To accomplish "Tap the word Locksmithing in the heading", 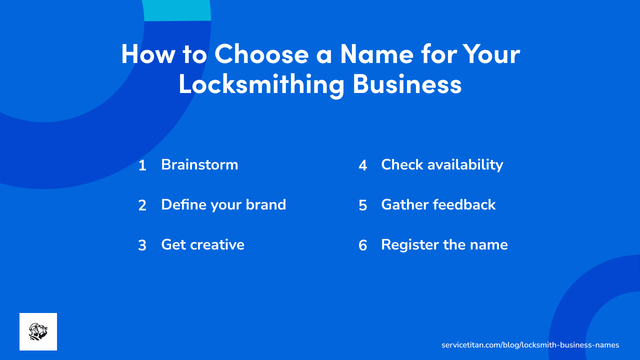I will point(261,84).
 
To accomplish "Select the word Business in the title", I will point(407,84).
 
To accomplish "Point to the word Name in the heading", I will point(377,54).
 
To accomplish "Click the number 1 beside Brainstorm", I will point(142,165).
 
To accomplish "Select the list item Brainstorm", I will point(199,164).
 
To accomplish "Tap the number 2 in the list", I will point(142,205).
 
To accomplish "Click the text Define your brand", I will point(223,204).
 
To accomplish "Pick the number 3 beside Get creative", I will point(142,245).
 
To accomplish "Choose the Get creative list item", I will point(202,244).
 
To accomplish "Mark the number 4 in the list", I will point(363,165).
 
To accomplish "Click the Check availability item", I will point(442,164).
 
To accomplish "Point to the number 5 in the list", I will point(363,205).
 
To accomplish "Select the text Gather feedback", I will point(438,204).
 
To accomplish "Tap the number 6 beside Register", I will point(363,245).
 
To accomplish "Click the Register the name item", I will point(444,244).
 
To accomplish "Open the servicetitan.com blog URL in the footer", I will point(530,345).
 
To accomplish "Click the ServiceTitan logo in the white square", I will point(38,331).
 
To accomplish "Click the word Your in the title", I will point(490,54).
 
